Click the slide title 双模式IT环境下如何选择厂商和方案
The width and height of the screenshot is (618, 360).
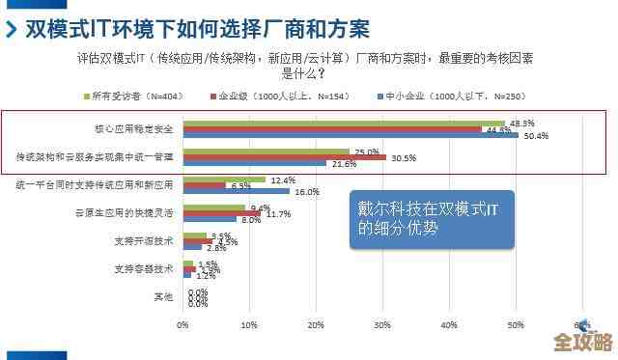tap(199, 27)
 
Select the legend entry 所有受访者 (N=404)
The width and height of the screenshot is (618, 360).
tap(129, 97)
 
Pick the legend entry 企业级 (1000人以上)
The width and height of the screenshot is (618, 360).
tap(270, 97)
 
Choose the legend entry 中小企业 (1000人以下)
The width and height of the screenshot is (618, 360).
tap(439, 97)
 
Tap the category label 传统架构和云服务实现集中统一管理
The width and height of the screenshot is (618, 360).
tap(95, 155)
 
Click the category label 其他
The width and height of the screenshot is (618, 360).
tap(163, 295)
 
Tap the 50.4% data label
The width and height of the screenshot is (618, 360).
tap(536, 136)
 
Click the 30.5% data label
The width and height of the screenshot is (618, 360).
tap(404, 157)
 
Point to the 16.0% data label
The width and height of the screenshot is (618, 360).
tap(306, 192)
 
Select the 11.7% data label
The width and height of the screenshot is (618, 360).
tap(278, 213)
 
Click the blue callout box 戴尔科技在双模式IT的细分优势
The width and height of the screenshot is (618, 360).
tap(432, 219)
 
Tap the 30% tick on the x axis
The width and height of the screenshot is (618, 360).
tap(382, 325)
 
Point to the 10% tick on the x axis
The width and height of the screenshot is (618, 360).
tap(249, 325)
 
